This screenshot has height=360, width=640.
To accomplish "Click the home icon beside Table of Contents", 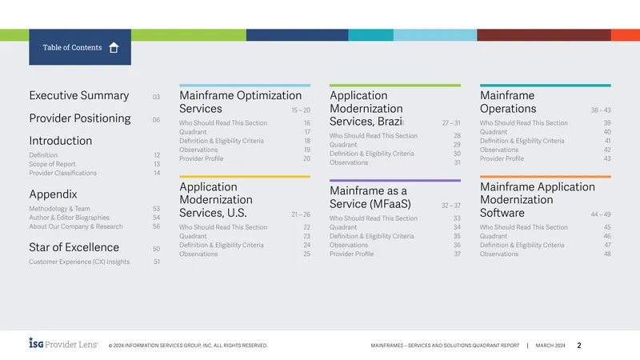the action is click(x=114, y=48).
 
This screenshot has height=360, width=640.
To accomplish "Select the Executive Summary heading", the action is click(x=78, y=95).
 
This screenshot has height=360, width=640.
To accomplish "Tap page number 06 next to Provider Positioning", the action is click(x=156, y=119).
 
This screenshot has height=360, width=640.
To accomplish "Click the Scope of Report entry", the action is click(x=52, y=164).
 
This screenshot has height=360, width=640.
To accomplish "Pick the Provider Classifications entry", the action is click(x=63, y=173).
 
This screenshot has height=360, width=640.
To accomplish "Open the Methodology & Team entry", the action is click(x=59, y=209).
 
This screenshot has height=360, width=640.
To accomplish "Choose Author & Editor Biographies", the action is click(x=69, y=218).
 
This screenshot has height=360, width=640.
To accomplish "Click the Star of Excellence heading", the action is click(x=74, y=247).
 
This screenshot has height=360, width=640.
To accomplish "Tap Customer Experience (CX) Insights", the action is click(x=79, y=262).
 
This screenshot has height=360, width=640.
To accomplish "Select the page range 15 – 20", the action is click(x=301, y=110).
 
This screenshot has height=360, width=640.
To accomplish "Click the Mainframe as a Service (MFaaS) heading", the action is click(x=370, y=197).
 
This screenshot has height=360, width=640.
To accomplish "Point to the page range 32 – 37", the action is click(x=451, y=206).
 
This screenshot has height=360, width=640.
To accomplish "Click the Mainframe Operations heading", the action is click(x=508, y=102).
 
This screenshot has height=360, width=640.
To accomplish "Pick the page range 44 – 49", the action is click(x=601, y=214).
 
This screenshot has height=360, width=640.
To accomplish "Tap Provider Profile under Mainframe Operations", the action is click(x=502, y=158).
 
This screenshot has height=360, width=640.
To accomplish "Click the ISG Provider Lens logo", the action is click(x=63, y=343).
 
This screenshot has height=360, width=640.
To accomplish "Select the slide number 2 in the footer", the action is click(x=579, y=346).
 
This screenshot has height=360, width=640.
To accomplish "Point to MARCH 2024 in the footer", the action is click(x=550, y=346).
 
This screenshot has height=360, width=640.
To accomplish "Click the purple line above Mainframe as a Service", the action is click(x=395, y=181).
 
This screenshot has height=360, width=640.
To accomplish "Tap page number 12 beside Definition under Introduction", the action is click(x=157, y=155).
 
